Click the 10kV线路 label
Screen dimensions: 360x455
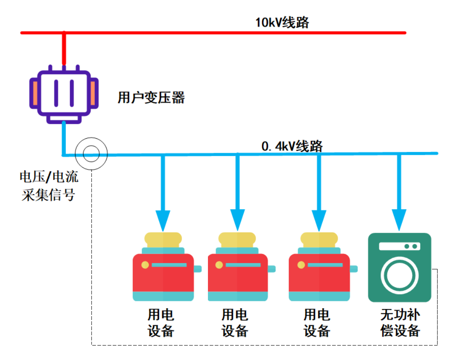tap(282, 23)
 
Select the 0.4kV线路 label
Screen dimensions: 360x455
tap(292, 146)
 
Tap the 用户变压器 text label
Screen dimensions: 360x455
tap(151, 98)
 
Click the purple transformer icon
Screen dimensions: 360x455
tap(64, 94)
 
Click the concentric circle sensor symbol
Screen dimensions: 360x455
tap(91, 153)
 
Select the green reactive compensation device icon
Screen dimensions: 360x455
tap(399, 267)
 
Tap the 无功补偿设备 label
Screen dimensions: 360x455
tap(400, 323)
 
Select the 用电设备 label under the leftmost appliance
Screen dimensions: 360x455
tap(161, 323)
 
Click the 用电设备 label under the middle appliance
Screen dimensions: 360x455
tap(235, 323)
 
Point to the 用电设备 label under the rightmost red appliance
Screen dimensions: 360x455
tap(317, 323)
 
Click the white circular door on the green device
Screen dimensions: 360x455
tap(399, 274)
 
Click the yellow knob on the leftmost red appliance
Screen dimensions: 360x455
tap(145, 265)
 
